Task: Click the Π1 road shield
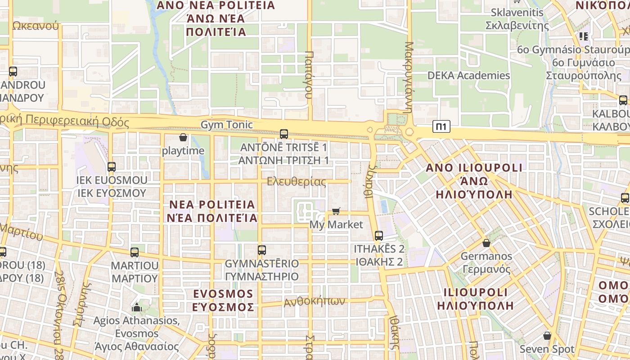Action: click(x=441, y=127)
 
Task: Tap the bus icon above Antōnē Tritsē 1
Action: click(x=284, y=134)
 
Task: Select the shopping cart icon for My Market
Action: click(x=336, y=211)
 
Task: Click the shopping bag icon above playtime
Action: click(x=183, y=137)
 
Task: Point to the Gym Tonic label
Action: click(x=226, y=124)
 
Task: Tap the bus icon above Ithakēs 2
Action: click(x=379, y=235)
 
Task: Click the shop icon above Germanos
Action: click(x=486, y=243)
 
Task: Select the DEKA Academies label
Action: click(x=468, y=75)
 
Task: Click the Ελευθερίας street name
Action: click(x=296, y=182)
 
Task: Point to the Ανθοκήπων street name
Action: click(x=314, y=301)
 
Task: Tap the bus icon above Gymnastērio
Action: click(x=262, y=250)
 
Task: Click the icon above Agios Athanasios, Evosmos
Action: click(x=136, y=308)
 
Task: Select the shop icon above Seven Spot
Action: click(x=547, y=336)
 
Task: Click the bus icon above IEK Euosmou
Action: click(x=112, y=166)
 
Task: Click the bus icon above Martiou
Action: click(x=135, y=252)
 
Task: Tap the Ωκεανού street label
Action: click(x=36, y=25)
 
